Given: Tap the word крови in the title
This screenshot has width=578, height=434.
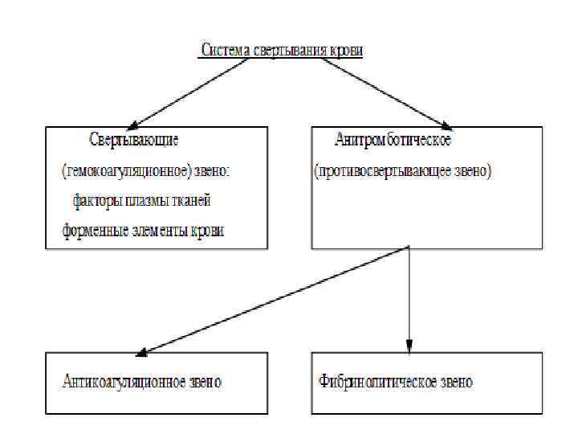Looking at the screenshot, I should tap(346, 50).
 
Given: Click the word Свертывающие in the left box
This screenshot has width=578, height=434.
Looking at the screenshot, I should tap(134, 139).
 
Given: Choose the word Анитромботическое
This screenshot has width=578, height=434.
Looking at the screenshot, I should tap(393, 140).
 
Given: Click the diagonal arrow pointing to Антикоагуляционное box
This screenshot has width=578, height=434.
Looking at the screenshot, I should tap(273, 300).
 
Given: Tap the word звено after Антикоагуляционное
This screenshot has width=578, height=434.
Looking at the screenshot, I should tap(204, 382).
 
